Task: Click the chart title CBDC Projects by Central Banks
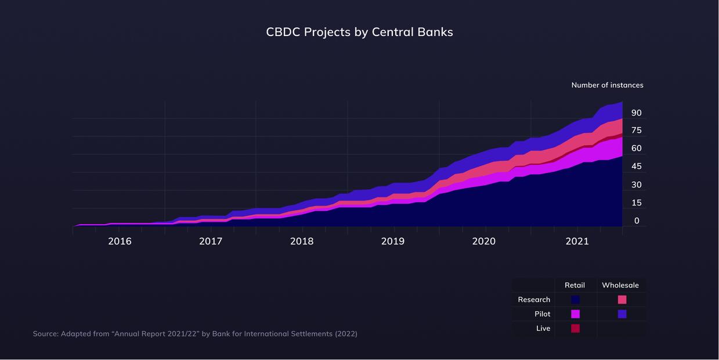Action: pyautogui.click(x=359, y=32)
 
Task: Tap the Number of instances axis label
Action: pyautogui.click(x=607, y=85)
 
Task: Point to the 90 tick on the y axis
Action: pyautogui.click(x=637, y=113)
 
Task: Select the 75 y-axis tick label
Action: pyautogui.click(x=637, y=130)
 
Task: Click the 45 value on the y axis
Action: pyautogui.click(x=637, y=166)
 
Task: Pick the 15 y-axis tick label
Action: pyautogui.click(x=637, y=203)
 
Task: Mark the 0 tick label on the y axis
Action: pyautogui.click(x=637, y=221)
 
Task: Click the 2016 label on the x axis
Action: pyautogui.click(x=120, y=242)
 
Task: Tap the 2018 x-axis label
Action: pyautogui.click(x=302, y=242)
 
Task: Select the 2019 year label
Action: pyautogui.click(x=393, y=242)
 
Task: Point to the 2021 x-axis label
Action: pyautogui.click(x=577, y=242)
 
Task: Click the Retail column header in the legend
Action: pyautogui.click(x=575, y=285)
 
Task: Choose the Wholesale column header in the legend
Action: pyautogui.click(x=620, y=285)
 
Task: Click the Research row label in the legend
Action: pyautogui.click(x=534, y=300)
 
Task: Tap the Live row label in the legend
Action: pyautogui.click(x=543, y=329)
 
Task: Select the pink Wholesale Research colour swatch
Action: pyautogui.click(x=622, y=300)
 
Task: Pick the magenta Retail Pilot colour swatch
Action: pyautogui.click(x=575, y=314)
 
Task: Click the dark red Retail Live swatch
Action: pyautogui.click(x=575, y=329)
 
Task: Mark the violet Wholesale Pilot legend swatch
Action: pyautogui.click(x=622, y=314)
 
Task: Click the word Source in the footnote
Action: pyautogui.click(x=45, y=334)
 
